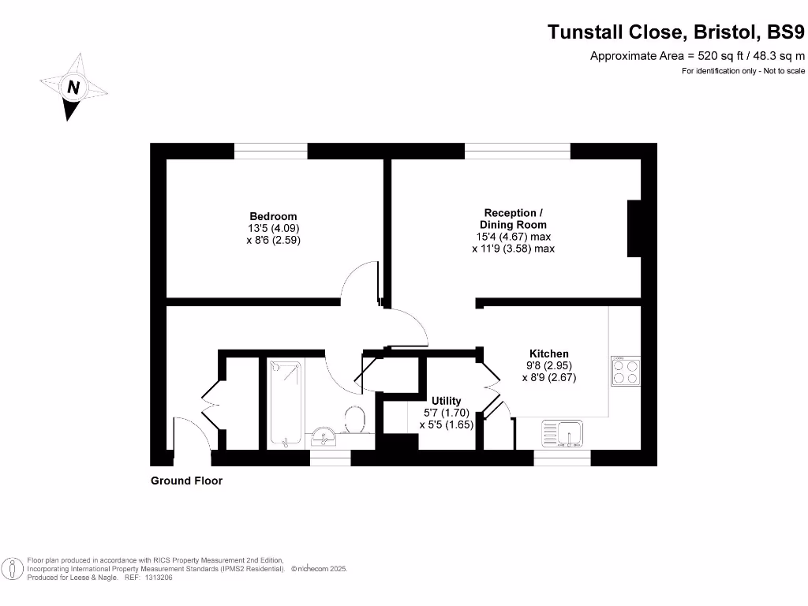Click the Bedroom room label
click(273, 216)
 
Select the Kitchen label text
click(548, 353)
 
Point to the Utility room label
click(446, 401)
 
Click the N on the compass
click(73, 88)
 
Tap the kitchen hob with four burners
click(625, 371)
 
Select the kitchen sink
click(561, 433)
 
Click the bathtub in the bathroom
click(285, 402)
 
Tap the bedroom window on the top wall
click(271, 151)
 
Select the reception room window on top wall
click(517, 151)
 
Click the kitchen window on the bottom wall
click(562, 458)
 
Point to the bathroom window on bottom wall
click(330, 458)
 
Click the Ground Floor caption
click(186, 481)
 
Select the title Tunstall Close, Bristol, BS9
click(676, 32)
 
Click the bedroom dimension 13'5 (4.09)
click(273, 229)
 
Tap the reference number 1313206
click(158, 578)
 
